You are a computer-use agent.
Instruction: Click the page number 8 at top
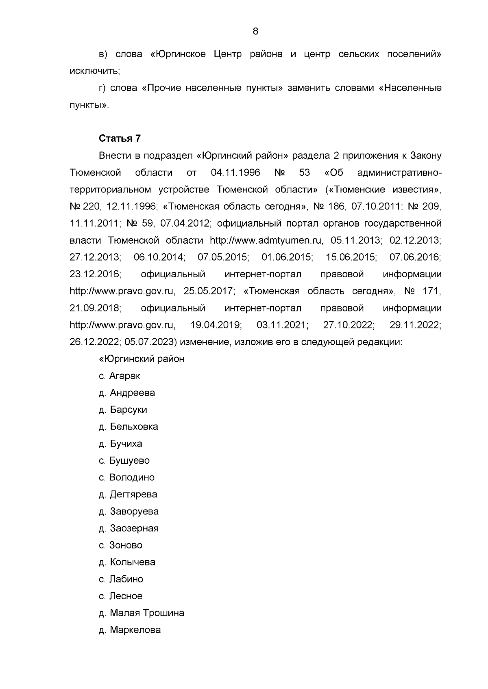pos(255,31)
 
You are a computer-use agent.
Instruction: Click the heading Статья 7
pos(120,138)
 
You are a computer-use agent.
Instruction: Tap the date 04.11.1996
pos(235,173)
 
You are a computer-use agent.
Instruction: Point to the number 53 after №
pos(304,173)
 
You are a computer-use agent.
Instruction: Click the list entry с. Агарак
pos(119,376)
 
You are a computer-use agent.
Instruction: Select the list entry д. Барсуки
pos(123,410)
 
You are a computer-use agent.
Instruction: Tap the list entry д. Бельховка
pos(128,427)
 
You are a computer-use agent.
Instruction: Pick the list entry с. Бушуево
pos(124,461)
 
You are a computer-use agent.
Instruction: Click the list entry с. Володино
pos(126,478)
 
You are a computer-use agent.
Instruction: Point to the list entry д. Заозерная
pos(129,529)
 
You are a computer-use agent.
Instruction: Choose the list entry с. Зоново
pos(120,545)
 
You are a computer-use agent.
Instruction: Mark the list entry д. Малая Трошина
pos(141,613)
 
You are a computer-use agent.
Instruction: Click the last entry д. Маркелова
pos(129,630)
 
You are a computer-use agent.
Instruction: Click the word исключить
pos(94,71)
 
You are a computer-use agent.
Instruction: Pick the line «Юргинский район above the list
pos(142,359)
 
